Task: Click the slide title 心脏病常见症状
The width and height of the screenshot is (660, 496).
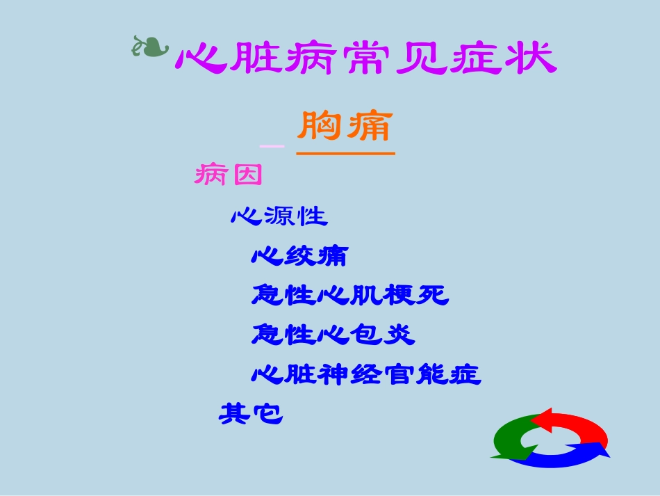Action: [366, 58]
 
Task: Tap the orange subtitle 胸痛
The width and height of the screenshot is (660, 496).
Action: [345, 127]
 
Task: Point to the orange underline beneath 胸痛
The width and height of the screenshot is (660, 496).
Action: [345, 152]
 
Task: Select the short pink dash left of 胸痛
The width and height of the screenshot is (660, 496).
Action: [272, 146]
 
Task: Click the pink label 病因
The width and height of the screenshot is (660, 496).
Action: [228, 175]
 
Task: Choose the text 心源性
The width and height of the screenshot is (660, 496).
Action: [279, 216]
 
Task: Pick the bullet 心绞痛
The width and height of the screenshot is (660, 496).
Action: [299, 257]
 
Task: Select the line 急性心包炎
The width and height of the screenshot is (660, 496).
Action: [333, 335]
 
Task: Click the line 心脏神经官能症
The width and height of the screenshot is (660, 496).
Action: [366, 376]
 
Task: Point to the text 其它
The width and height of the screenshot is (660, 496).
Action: [251, 415]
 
